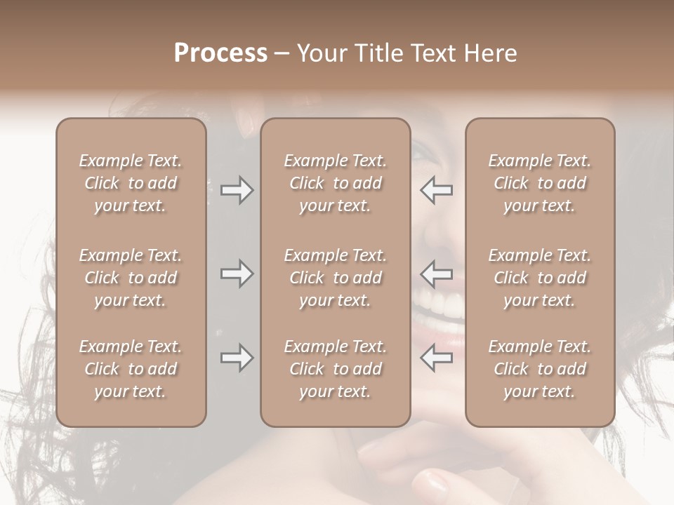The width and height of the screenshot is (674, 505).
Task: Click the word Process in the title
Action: point(220,53)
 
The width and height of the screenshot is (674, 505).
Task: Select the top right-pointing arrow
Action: point(237,190)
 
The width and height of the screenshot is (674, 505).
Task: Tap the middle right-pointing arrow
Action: point(237,274)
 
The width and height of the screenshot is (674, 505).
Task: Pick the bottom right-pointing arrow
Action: point(237,358)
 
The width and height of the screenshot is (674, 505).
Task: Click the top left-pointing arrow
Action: point(437,190)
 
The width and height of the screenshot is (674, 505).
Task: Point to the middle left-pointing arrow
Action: point(437,274)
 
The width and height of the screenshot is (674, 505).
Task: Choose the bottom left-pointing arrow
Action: point(437,358)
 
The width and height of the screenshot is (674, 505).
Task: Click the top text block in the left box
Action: point(131,183)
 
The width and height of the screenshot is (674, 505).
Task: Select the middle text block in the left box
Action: point(131,278)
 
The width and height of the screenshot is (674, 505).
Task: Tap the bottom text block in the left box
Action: point(131,369)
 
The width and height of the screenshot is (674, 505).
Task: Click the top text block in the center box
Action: point(336,183)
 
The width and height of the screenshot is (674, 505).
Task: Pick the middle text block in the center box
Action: point(336,278)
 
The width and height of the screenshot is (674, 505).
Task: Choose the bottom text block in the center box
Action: point(336,369)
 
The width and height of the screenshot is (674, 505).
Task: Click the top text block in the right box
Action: point(540,183)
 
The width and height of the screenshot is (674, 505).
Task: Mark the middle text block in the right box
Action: point(540,278)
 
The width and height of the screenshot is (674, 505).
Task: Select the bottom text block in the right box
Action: point(540,369)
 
